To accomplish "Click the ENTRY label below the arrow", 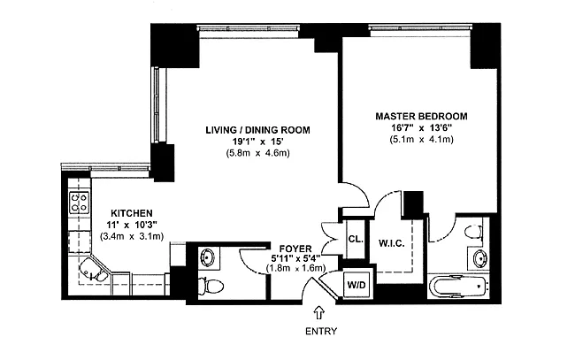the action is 321,332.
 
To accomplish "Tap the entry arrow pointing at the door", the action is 319,312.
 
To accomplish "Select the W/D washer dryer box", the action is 356,285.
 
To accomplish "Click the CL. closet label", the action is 356,240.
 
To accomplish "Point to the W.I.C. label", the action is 391,243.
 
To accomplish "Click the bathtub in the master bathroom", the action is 458,287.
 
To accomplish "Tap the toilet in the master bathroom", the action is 473,232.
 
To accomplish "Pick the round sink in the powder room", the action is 207,257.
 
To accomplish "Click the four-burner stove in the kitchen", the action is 80,203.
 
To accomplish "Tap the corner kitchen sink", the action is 93,271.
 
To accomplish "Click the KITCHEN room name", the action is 132,213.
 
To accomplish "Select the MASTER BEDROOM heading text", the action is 421,116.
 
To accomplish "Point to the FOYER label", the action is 295,249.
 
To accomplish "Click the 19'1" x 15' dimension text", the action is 257,142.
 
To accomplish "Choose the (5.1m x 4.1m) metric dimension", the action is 421,140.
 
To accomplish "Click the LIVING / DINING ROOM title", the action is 257,130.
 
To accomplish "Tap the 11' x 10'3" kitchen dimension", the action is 132,225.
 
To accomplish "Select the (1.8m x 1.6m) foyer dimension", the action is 295,268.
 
